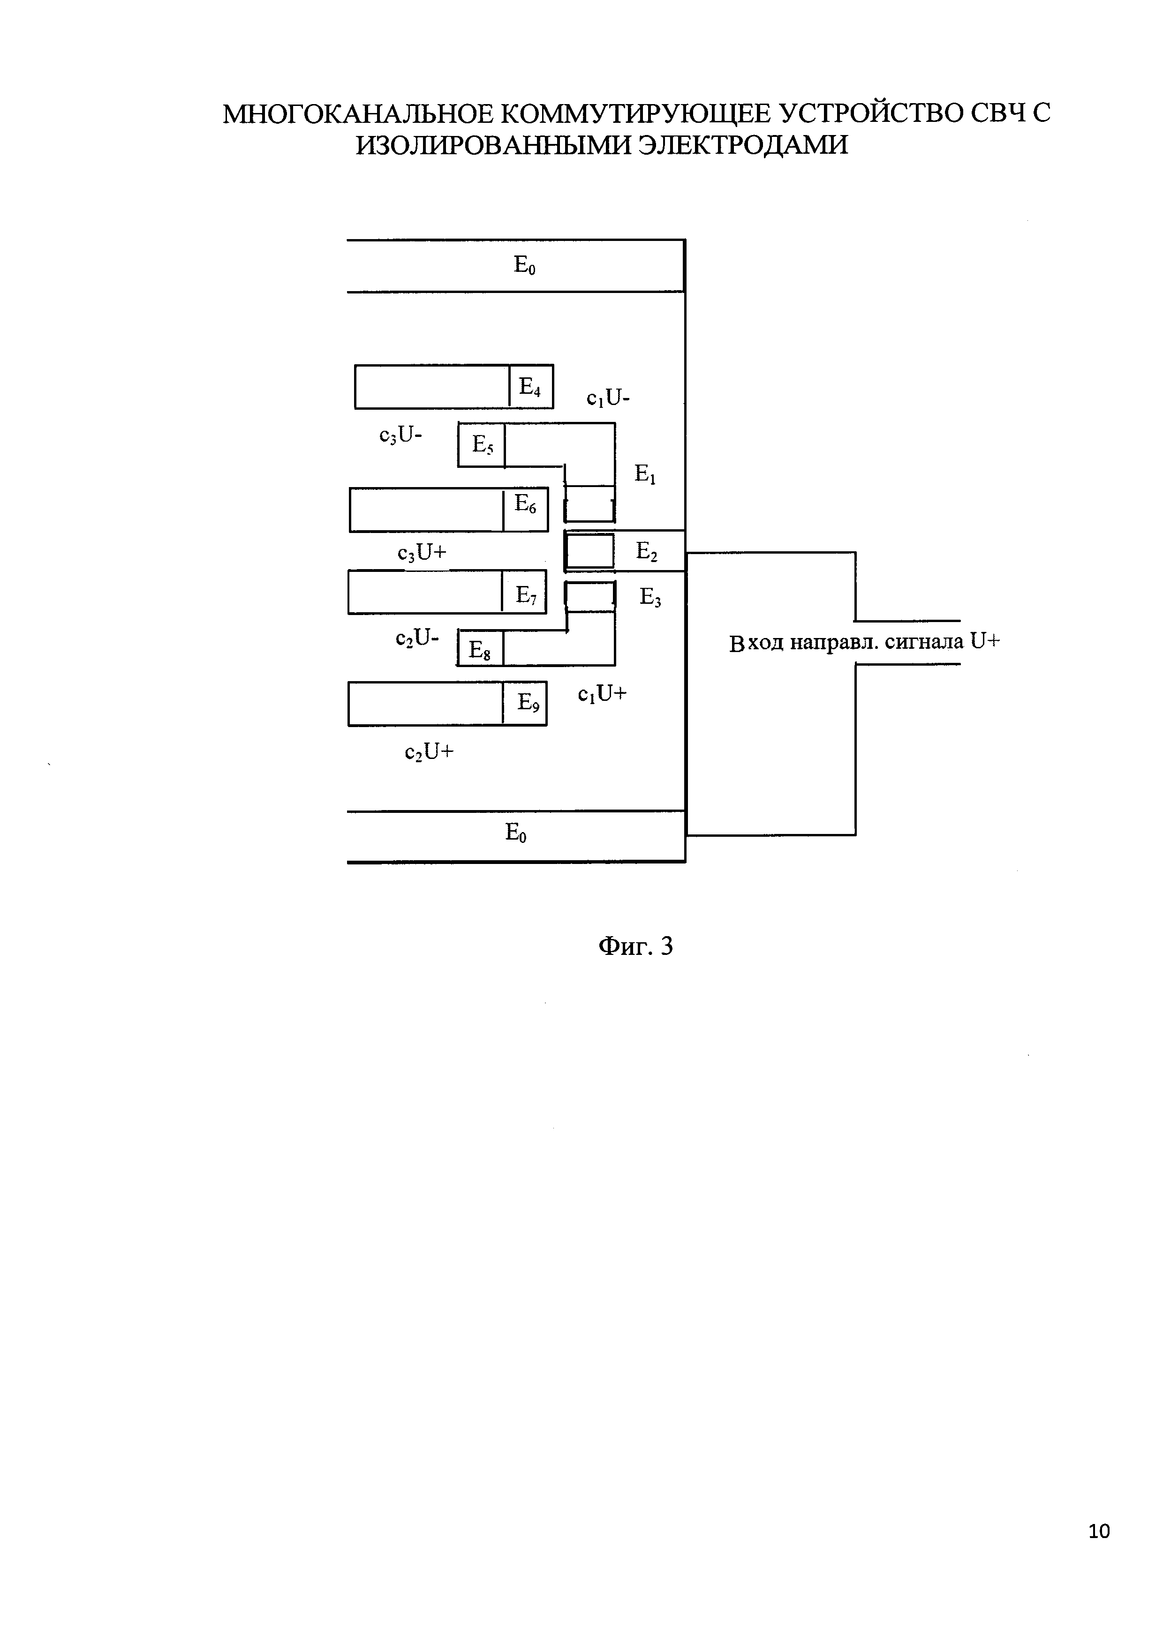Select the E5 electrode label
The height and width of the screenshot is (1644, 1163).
point(483,445)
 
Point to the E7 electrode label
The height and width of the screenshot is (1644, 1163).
point(526,595)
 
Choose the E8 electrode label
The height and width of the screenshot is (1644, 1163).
point(480,650)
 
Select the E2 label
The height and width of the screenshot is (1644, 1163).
point(647,551)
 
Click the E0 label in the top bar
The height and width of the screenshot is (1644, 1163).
point(525,266)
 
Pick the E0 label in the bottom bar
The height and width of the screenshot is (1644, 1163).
point(516,832)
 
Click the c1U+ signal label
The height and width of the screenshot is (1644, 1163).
point(602,694)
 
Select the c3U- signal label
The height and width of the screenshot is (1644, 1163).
point(401,435)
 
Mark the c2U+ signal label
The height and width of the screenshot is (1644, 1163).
point(430,752)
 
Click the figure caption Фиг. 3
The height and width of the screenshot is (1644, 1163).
point(636,946)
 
